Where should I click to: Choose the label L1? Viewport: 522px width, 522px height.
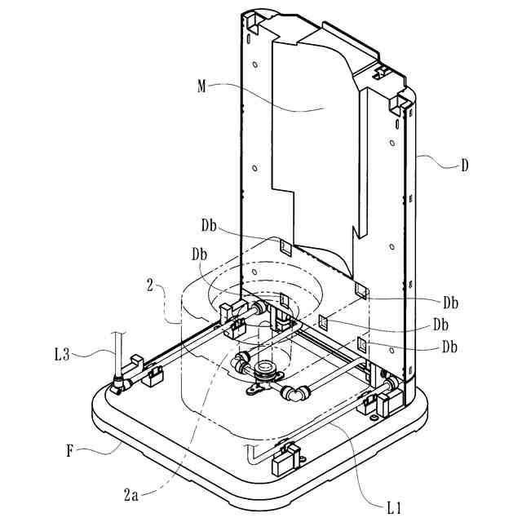coord(396,507)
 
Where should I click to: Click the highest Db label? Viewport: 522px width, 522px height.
coord(210,223)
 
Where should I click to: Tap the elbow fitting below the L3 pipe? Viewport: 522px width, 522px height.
coord(121,382)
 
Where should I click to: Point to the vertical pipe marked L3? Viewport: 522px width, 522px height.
coord(119,351)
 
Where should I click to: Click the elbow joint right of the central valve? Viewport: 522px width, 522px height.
coord(292,395)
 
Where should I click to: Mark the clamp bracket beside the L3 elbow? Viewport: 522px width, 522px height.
coord(151,377)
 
